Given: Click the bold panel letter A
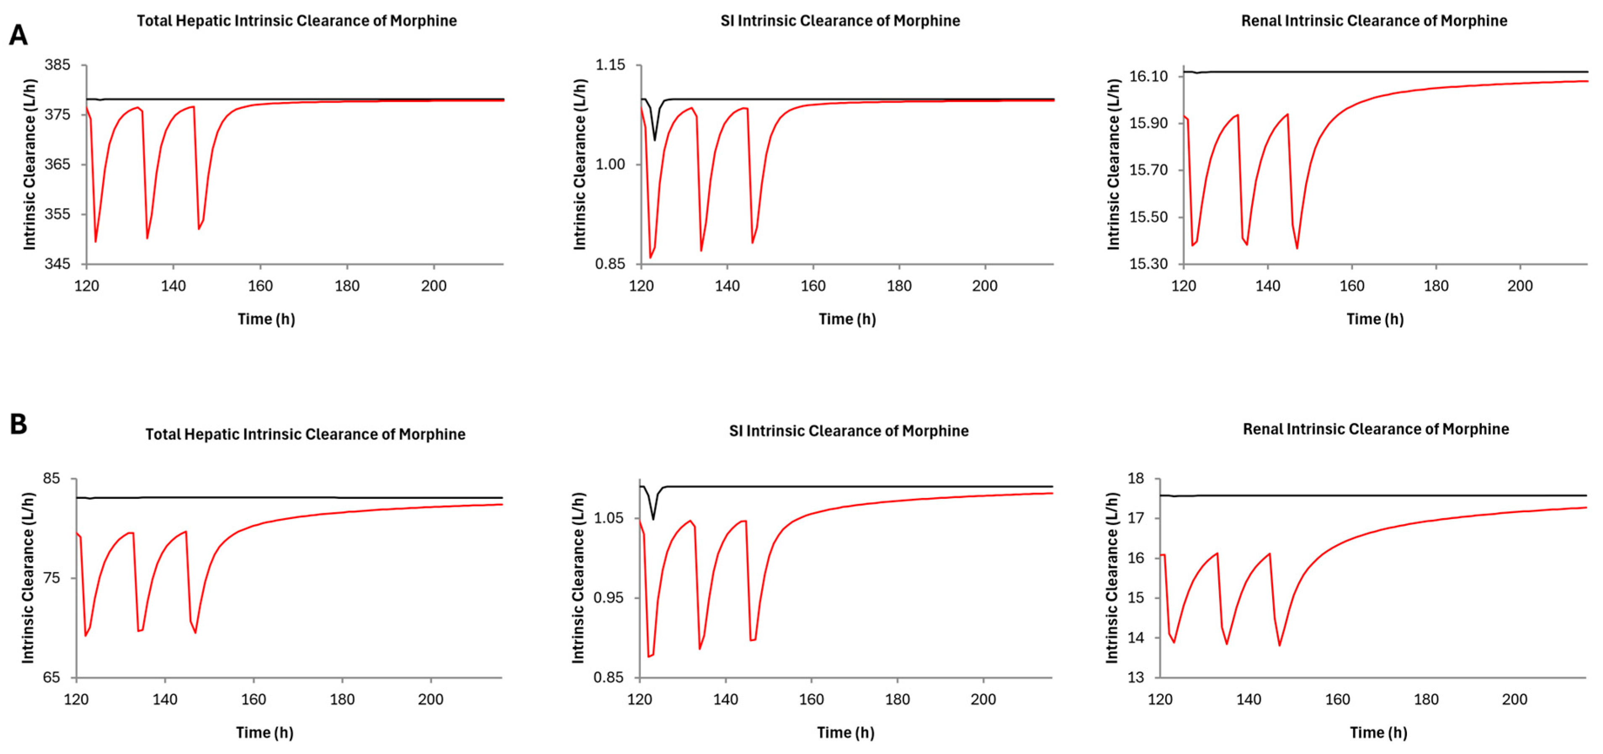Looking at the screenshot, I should click(x=18, y=35).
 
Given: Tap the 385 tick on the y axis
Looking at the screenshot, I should click(x=57, y=65).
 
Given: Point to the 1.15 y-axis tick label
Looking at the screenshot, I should click(x=609, y=65).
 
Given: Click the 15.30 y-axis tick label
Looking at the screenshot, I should click(x=1149, y=264).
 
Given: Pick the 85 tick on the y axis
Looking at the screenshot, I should click(x=52, y=479).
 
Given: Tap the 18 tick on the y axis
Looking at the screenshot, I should click(x=1136, y=479).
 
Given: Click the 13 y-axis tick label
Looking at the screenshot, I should click(x=1136, y=677).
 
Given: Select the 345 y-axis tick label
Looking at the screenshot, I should click(x=57, y=264).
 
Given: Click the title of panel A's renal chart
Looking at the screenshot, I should click(x=1374, y=21).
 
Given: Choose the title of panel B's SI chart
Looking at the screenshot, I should click(x=849, y=431).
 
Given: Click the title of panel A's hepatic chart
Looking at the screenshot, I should click(x=297, y=21).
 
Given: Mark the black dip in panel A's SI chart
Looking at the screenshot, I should click(x=655, y=139).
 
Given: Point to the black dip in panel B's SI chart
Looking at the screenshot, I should click(x=654, y=519).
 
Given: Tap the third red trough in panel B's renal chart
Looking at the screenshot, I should click(x=1279, y=645).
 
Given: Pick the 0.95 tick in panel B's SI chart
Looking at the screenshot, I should click(x=608, y=598).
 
